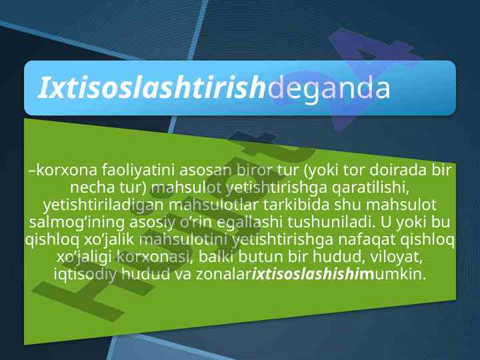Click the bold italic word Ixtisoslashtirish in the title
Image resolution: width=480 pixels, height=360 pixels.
pos(151,88)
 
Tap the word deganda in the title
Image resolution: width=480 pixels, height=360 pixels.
pos(329,89)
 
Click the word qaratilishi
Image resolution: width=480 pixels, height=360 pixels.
pos(371,188)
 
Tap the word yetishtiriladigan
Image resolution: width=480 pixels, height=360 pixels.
pos(103,206)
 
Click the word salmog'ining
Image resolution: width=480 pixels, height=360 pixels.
pos(77,223)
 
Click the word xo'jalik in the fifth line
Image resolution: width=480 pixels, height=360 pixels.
pos(109,240)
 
